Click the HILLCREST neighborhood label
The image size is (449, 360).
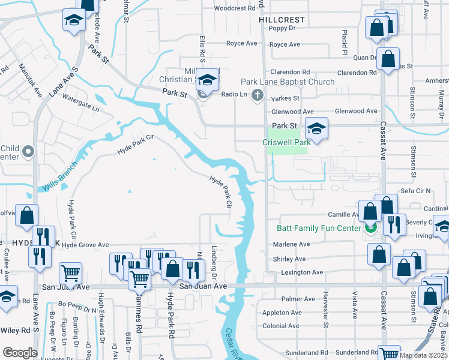click(x=282, y=20)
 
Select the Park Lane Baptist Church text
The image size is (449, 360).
click(x=288, y=82)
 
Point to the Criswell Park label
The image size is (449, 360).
click(x=286, y=142)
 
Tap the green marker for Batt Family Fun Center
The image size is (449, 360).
click(x=370, y=228)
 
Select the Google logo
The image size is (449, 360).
click(x=20, y=353)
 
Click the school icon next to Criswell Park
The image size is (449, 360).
click(x=316, y=128)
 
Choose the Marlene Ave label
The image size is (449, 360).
click(x=291, y=244)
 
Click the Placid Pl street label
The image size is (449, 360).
click(x=345, y=42)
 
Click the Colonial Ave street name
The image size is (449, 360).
click(x=282, y=326)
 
